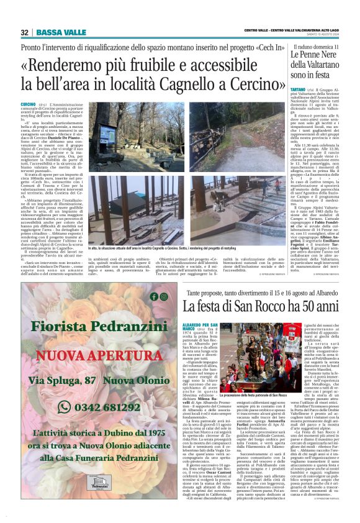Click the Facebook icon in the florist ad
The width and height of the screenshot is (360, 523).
(x=154, y=296)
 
